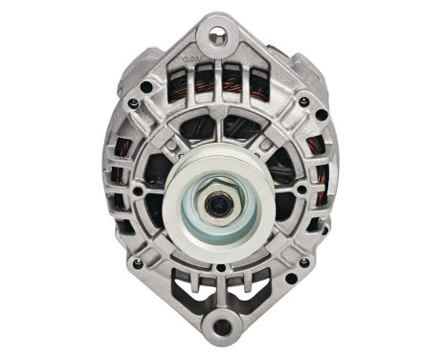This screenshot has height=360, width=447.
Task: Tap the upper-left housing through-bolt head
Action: point(145,86)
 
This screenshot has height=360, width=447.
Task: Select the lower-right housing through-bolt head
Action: point(304,262)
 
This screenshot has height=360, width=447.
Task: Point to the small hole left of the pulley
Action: point(138,191)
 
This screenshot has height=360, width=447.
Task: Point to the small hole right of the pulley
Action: point(302,190)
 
